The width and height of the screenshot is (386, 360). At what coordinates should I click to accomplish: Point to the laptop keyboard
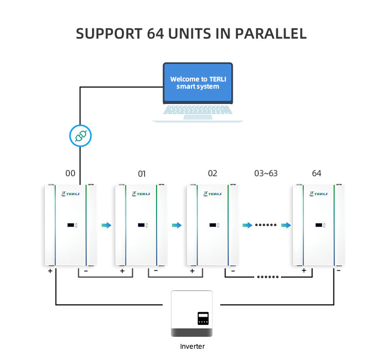(198, 110)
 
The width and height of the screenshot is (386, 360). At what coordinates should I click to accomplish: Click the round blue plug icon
(80, 136)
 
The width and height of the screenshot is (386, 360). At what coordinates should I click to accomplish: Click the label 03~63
(266, 173)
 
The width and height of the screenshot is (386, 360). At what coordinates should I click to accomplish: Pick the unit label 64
(317, 173)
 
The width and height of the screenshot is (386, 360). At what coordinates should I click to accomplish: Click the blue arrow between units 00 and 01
(106, 225)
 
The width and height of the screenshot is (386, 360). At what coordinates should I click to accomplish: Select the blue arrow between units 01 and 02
(177, 225)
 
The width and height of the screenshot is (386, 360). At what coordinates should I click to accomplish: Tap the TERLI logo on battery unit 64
(318, 194)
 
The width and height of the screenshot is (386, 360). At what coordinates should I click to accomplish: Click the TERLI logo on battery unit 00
(68, 194)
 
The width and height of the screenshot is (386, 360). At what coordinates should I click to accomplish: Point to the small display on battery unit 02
(213, 225)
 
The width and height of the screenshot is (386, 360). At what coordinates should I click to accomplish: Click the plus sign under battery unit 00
(50, 269)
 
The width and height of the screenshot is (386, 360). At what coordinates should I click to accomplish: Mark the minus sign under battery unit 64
(338, 270)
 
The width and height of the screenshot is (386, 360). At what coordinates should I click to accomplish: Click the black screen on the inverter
(204, 318)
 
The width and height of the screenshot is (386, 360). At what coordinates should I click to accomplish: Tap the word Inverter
(192, 346)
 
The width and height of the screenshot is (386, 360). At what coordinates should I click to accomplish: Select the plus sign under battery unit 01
(122, 270)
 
